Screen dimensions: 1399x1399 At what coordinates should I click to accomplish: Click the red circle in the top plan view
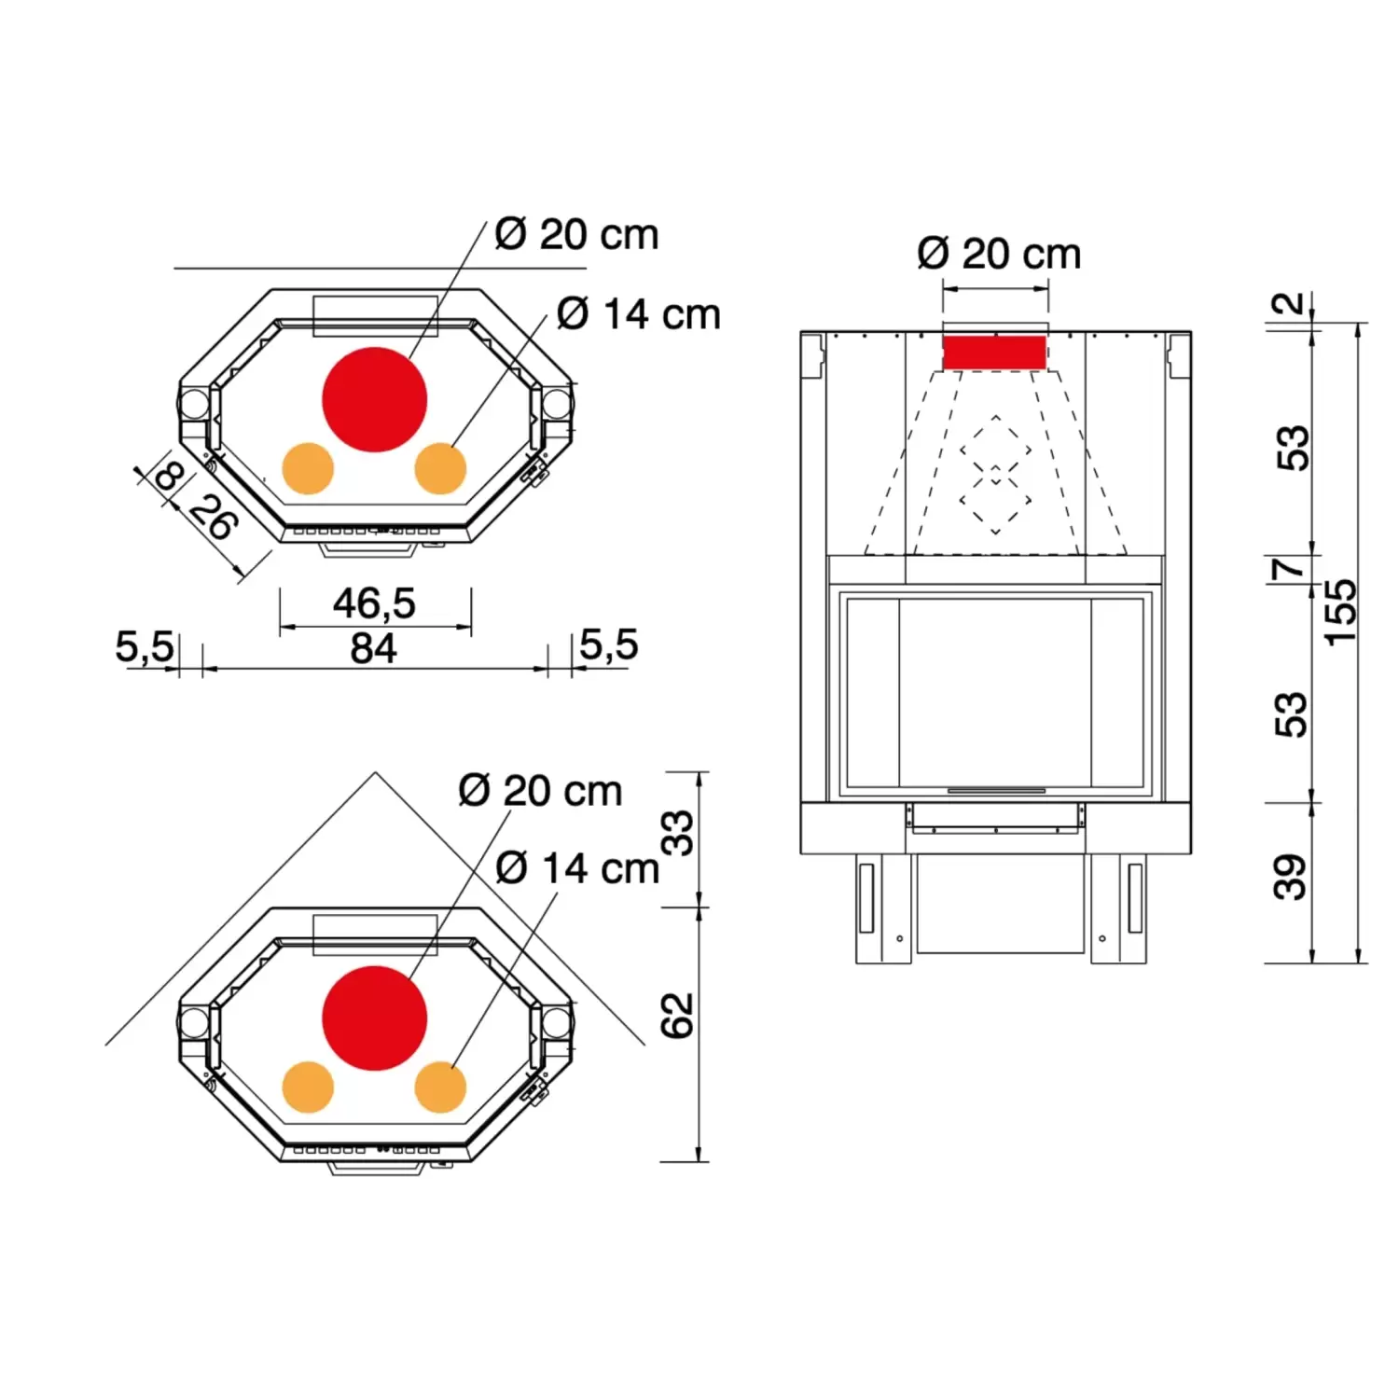click(x=374, y=399)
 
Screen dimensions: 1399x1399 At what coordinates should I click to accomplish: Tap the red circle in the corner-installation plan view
click(x=374, y=1018)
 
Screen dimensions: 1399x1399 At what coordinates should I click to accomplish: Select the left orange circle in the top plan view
click(x=308, y=468)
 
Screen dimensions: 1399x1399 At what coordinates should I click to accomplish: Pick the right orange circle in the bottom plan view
click(x=440, y=1087)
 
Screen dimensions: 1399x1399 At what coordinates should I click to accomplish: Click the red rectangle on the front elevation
click(x=994, y=353)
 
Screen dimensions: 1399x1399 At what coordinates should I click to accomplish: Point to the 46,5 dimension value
click(x=374, y=604)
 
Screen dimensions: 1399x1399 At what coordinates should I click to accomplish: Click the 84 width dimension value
click(x=373, y=648)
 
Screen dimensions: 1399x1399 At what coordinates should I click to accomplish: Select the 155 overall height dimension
click(x=1341, y=613)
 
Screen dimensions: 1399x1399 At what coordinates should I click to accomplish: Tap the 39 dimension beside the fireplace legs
click(x=1291, y=877)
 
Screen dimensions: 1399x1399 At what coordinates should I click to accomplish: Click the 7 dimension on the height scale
click(x=1291, y=567)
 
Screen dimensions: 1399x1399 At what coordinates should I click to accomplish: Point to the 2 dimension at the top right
click(x=1289, y=304)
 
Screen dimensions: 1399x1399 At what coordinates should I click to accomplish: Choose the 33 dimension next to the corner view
click(x=679, y=833)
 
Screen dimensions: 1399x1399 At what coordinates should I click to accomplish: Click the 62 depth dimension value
click(x=678, y=1016)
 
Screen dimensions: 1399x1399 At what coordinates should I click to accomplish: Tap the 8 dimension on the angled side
click(x=169, y=477)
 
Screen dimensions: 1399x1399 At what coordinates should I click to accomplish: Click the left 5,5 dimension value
click(x=144, y=646)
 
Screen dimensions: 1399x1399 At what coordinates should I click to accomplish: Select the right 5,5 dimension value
click(x=609, y=644)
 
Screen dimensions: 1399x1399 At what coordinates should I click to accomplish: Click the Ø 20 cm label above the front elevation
click(x=999, y=255)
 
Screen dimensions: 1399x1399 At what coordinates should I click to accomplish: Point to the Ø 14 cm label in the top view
click(x=639, y=315)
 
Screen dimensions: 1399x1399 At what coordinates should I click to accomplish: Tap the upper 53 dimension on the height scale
click(x=1293, y=449)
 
